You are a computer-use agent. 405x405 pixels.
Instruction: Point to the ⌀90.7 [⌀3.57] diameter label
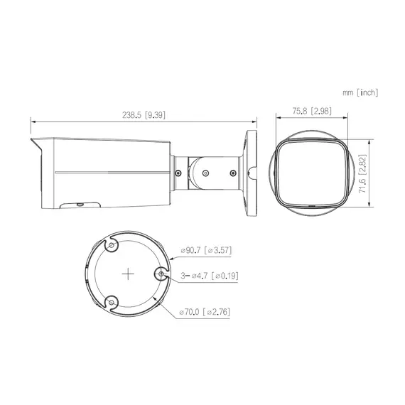[207, 250]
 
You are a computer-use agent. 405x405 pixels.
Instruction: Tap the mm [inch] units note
[360, 92]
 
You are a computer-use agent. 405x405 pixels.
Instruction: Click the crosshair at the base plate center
[128, 273]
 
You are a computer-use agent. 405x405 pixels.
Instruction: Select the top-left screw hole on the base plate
[112, 245]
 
